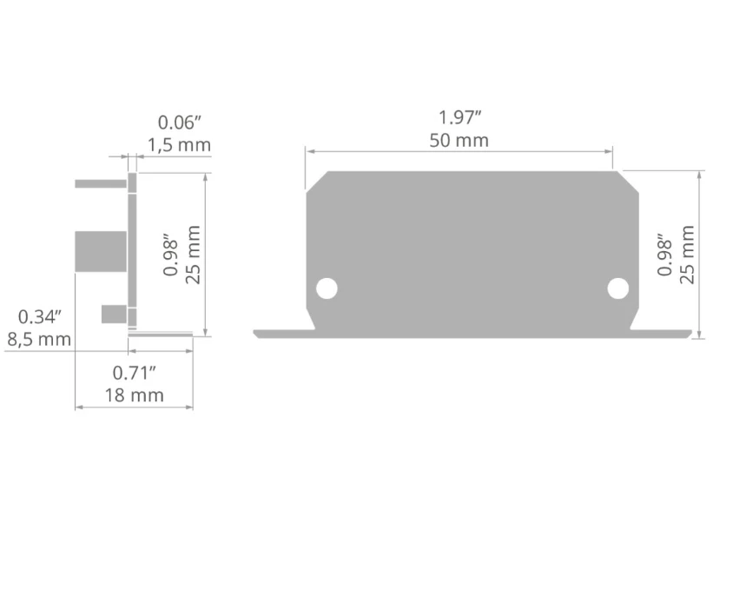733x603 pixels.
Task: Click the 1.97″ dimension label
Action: (460, 117)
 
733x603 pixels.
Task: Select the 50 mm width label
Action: (459, 141)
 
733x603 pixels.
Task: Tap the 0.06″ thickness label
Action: (180, 123)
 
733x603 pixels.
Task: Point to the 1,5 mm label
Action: (180, 145)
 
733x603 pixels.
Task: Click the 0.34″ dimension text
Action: (40, 316)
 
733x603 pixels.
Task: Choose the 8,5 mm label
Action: (39, 339)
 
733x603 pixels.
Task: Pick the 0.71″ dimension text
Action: (134, 373)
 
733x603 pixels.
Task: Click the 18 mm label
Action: (134, 395)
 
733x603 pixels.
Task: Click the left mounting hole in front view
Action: (327, 288)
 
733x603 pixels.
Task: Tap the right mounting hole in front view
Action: (618, 288)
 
